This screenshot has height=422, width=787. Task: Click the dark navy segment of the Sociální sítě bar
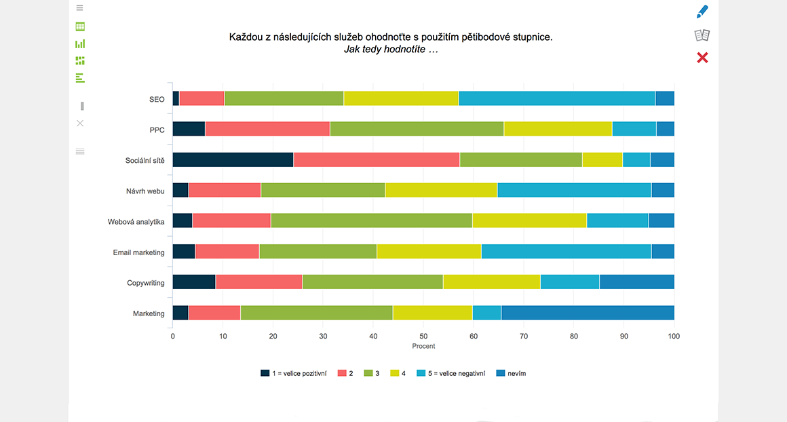point(233,160)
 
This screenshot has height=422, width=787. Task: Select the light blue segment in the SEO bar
point(556,98)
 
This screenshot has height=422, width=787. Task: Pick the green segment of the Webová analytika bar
point(371,220)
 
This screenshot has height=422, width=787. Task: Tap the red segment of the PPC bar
point(267,129)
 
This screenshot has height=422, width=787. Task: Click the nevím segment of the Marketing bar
point(588,313)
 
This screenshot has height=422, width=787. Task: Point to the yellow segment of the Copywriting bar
point(491,282)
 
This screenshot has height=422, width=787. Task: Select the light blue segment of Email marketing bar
point(566,252)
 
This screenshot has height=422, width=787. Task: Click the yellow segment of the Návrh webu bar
point(441,191)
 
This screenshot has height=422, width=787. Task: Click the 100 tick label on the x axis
point(674,336)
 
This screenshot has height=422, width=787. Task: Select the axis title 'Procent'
point(423,346)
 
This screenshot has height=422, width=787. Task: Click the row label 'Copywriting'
point(145,283)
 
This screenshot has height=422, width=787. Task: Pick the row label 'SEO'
point(157,99)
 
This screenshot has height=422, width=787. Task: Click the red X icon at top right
point(702,58)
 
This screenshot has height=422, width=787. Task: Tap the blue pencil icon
point(702,12)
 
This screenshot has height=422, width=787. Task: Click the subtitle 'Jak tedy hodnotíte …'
point(391,50)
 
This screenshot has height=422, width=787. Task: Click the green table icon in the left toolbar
point(80,26)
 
